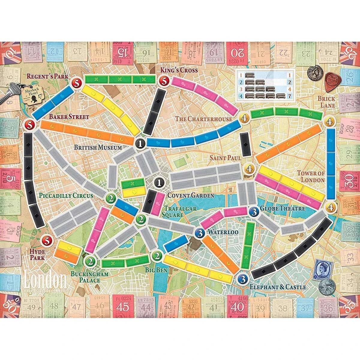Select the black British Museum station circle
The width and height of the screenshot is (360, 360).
[x=140, y=143]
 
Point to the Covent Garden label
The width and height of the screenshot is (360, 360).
[x=190, y=196]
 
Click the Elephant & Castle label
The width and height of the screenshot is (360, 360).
[x=278, y=287]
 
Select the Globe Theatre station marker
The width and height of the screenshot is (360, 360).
[x=254, y=211]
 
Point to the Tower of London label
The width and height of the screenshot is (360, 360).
[x=311, y=176]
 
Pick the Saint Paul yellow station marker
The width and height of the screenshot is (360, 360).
[x=249, y=169]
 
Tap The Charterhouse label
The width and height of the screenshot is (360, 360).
[x=204, y=119]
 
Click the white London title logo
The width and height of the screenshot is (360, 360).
[x=45, y=280]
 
